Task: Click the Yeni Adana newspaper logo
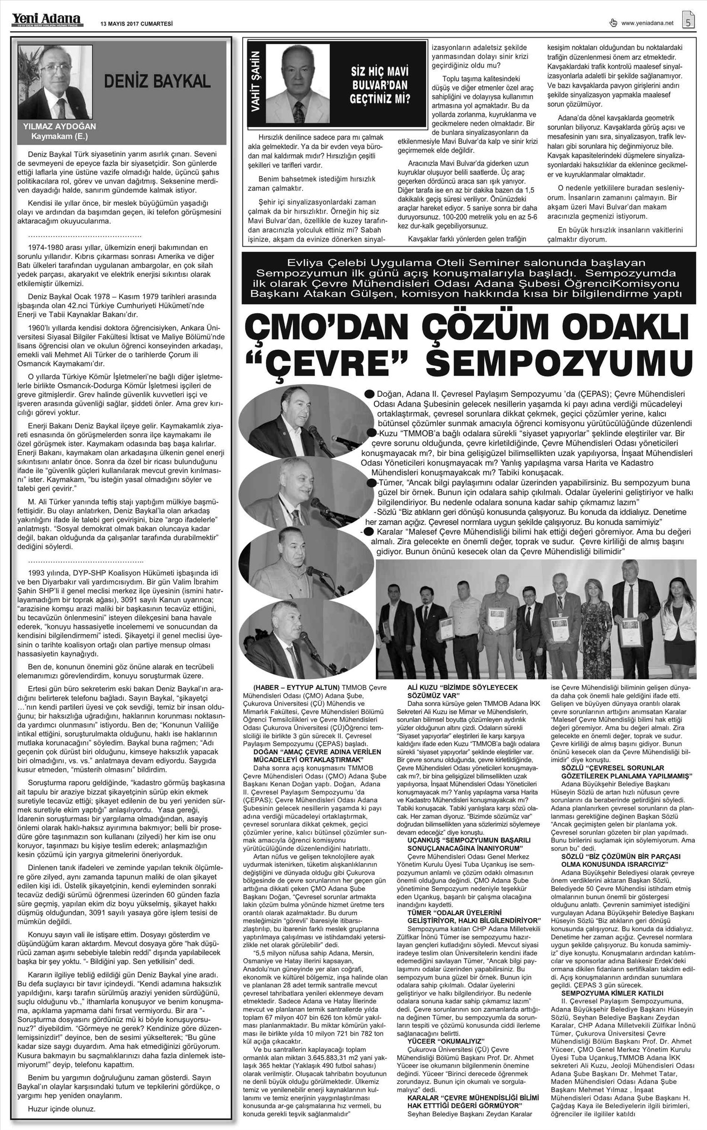click(46, 19)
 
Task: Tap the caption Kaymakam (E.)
click(59, 136)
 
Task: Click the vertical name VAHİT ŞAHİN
click(256, 85)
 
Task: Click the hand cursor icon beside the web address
click(613, 22)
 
